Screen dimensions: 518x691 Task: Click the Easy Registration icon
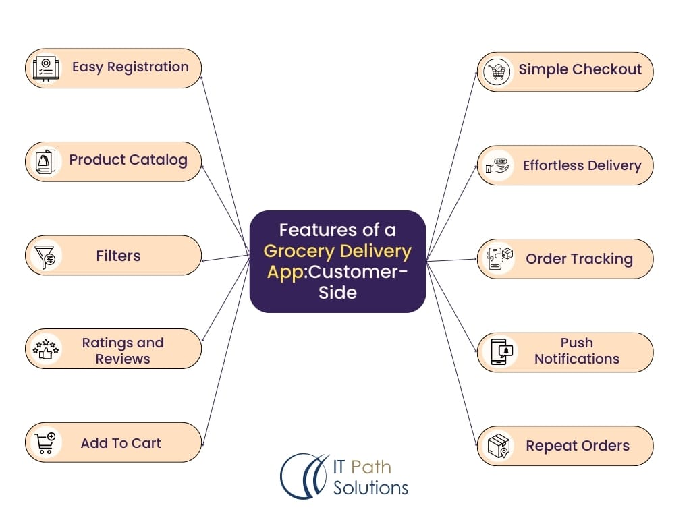pos(46,68)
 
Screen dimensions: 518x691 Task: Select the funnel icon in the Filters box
pos(46,256)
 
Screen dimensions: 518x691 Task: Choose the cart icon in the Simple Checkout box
pos(498,71)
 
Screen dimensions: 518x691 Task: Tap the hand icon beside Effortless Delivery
pos(498,165)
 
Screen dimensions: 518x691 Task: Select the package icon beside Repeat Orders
pos(498,445)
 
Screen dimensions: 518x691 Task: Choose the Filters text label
pos(118,256)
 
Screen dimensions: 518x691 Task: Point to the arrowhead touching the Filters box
pos(204,260)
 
